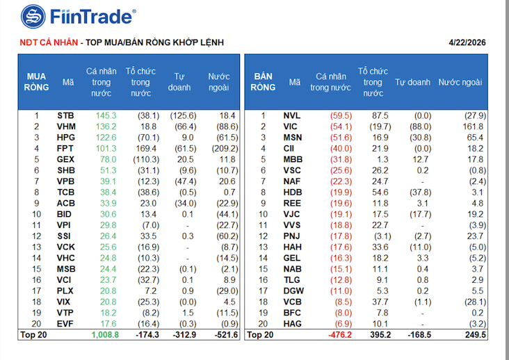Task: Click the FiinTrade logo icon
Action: pyautogui.click(x=33, y=16)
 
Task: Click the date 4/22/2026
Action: pyautogui.click(x=467, y=42)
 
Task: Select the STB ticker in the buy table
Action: pyautogui.click(x=67, y=115)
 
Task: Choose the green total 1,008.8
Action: pyautogui.click(x=104, y=334)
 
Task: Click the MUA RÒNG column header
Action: pyautogui.click(x=37, y=82)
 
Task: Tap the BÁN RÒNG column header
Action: pyautogui.click(x=264, y=82)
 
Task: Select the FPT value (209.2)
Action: pyautogui.click(x=224, y=149)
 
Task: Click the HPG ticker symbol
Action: pyautogui.click(x=67, y=138)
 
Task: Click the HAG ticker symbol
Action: pyautogui.click(x=293, y=324)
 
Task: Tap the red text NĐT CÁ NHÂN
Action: pyautogui.click(x=48, y=42)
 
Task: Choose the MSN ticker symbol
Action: pyautogui.click(x=293, y=138)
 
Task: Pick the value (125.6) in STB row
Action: pyautogui.click(x=184, y=115)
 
